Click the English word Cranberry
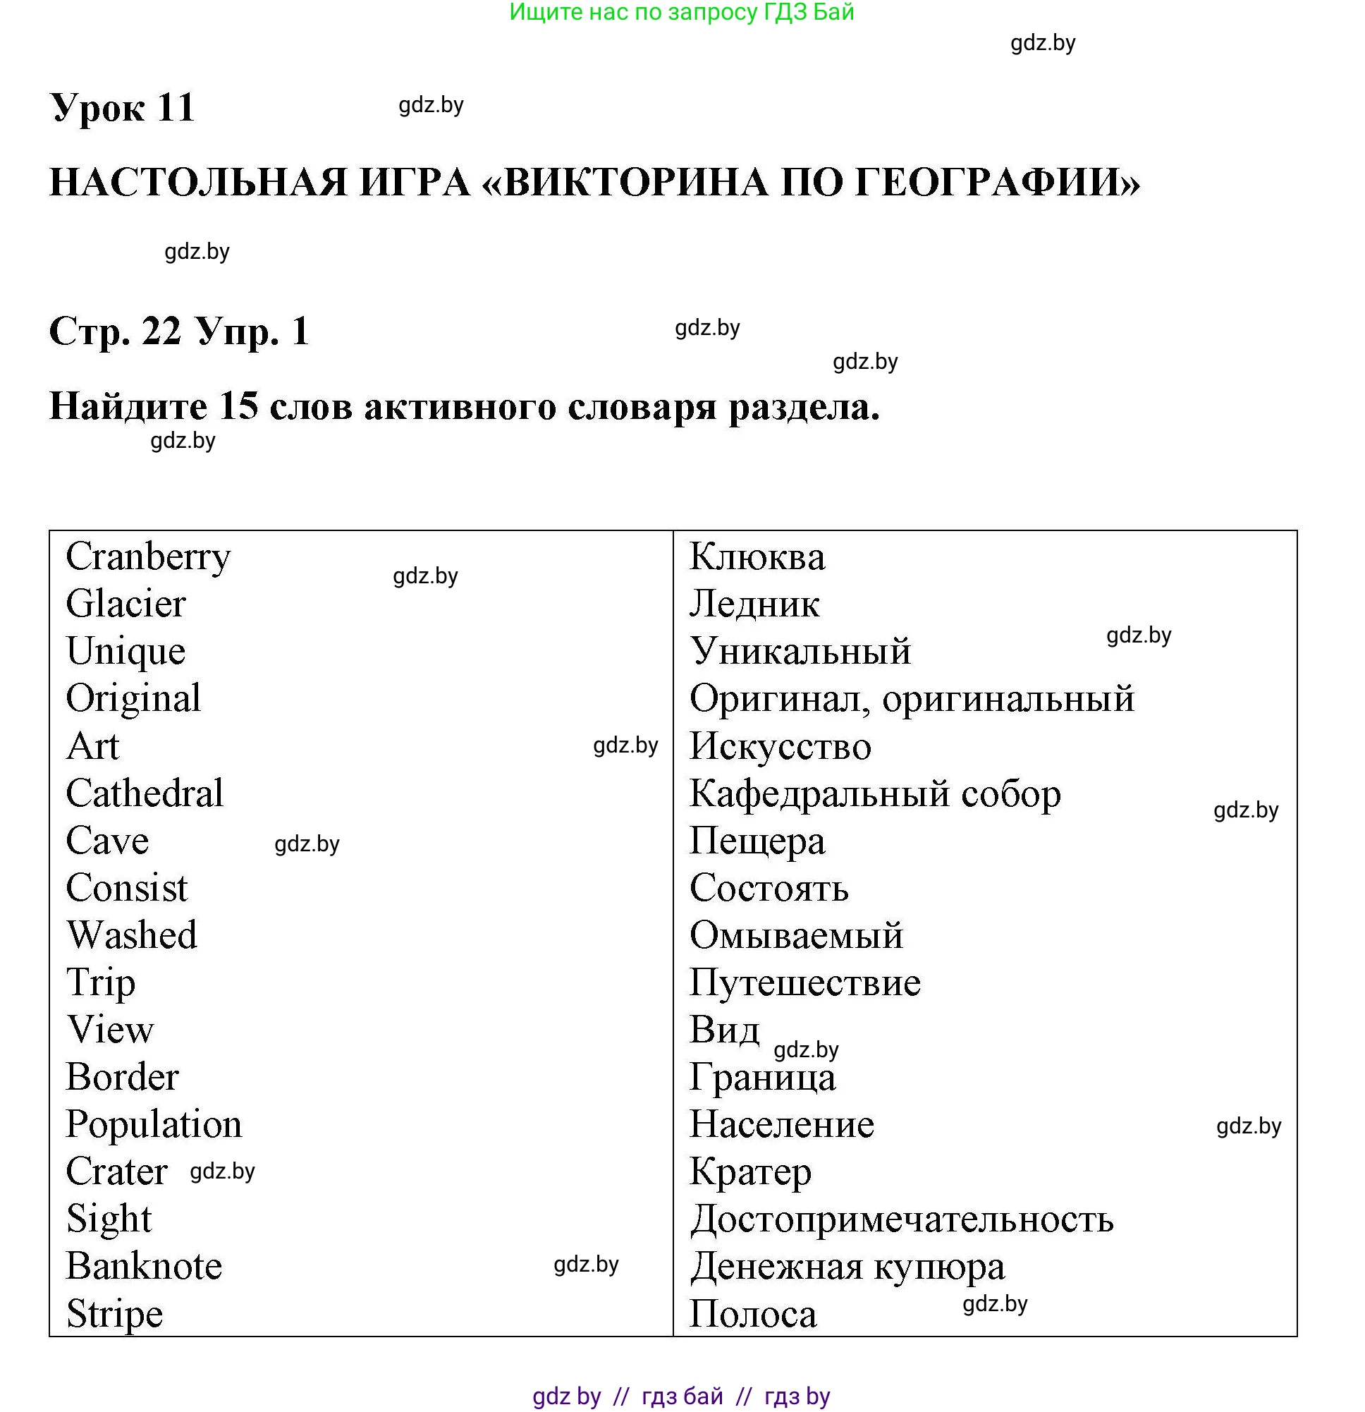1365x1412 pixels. coord(148,558)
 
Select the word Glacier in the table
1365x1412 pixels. coord(126,604)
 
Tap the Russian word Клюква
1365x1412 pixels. coord(757,558)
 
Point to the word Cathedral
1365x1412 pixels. coord(145,794)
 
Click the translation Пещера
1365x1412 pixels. coord(757,841)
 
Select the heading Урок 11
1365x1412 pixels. coord(123,108)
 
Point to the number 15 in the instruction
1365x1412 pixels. coord(238,406)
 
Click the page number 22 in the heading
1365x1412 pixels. coord(161,331)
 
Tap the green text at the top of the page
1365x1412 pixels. coord(681,12)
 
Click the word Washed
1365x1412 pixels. coord(132,936)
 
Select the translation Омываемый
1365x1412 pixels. coord(796,936)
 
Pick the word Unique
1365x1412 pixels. coord(126,651)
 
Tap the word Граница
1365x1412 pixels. coord(763,1078)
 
